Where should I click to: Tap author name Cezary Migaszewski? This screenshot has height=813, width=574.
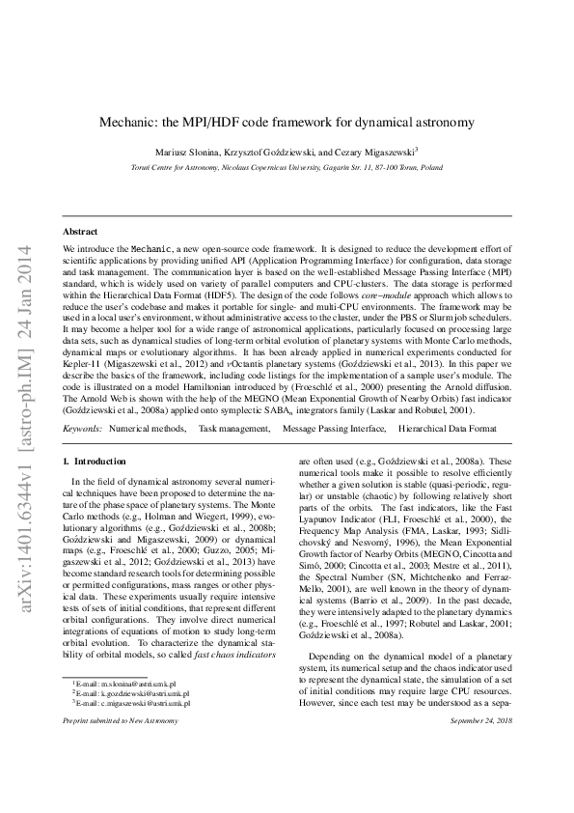click(x=377, y=153)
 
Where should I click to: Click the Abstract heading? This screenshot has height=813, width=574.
click(x=80, y=232)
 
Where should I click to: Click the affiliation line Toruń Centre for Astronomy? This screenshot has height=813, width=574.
click(x=287, y=167)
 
